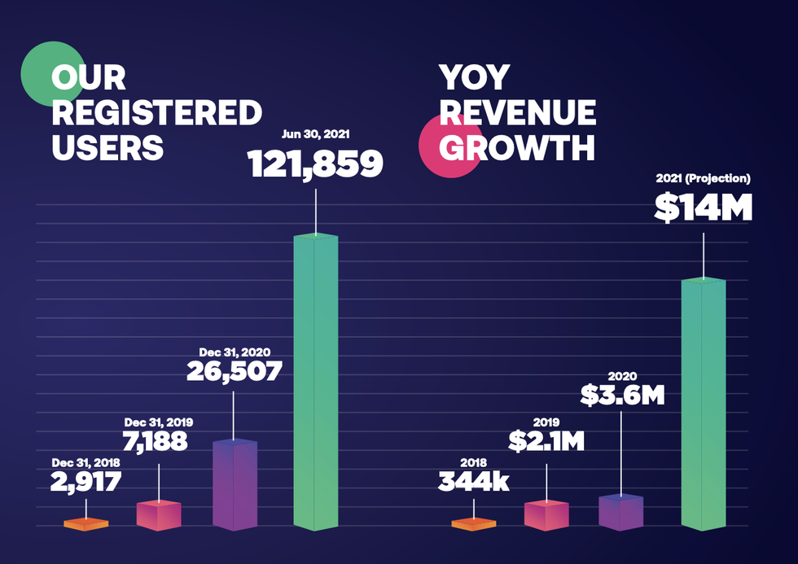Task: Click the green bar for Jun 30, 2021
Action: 315,383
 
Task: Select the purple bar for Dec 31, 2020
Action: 235,485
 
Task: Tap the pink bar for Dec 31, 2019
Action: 159,515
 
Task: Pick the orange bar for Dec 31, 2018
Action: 86,524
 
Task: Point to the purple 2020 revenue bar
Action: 621,512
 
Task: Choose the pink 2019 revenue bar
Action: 546,515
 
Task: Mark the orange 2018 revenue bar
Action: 474,524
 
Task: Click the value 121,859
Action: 315,164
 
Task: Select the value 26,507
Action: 235,371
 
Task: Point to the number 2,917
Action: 85,481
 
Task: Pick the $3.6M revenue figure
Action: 622,396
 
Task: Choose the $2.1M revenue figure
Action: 546,441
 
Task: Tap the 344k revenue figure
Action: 473,481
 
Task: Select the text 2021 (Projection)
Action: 703,178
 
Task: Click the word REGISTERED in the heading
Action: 156,113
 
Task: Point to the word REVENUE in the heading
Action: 518,113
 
